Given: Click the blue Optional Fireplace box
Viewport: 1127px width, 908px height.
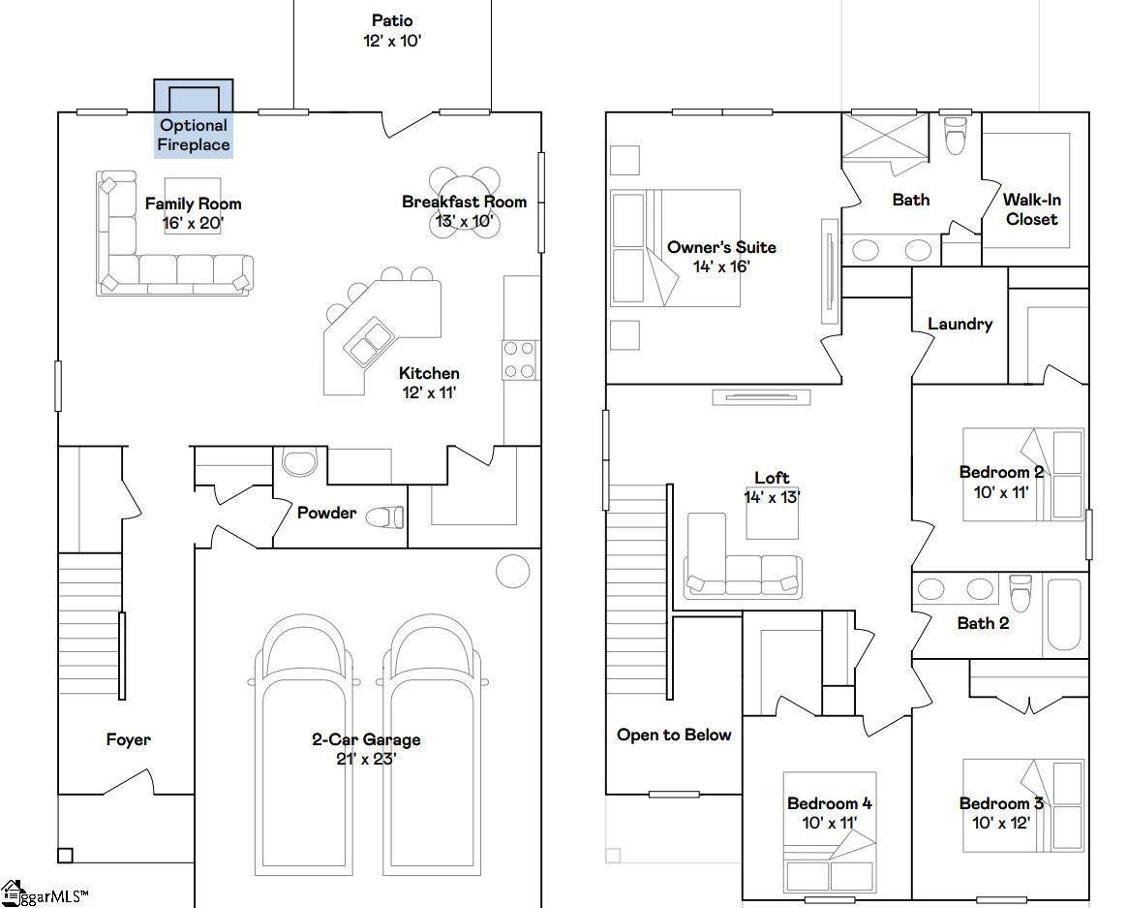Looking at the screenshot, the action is tap(194, 119).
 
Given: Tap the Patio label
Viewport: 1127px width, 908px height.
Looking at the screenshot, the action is tap(392, 21).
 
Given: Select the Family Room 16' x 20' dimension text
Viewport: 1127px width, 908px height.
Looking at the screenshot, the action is tap(193, 223).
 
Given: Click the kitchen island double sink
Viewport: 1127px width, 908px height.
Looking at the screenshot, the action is tap(370, 342).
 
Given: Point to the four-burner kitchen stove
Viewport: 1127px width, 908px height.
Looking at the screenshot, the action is tap(519, 360).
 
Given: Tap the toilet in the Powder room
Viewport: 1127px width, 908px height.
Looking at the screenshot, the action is tap(385, 517).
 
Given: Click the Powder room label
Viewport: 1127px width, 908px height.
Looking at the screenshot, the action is tap(326, 513).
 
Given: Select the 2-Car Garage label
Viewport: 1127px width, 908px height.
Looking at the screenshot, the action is tap(366, 739).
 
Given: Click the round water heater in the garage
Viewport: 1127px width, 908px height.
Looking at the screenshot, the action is tap(513, 571).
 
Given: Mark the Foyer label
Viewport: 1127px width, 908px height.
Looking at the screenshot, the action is tap(129, 739).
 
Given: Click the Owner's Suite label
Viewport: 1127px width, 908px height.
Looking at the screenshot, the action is tap(721, 247).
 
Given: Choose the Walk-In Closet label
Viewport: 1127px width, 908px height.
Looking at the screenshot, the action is tap(1032, 209).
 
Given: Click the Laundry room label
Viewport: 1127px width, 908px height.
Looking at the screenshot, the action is tap(960, 324).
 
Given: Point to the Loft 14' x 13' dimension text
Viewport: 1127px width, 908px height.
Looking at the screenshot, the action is tap(772, 496).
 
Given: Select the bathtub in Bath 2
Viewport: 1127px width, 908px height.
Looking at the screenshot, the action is tap(1064, 614).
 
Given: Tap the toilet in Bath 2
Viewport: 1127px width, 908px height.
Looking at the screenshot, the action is tap(1020, 592).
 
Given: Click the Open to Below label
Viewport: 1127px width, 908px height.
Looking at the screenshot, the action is tap(674, 735).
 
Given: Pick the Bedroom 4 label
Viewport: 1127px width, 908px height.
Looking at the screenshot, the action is tap(830, 803).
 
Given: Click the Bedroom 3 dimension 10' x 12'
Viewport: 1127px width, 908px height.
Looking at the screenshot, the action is tap(1001, 823).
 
